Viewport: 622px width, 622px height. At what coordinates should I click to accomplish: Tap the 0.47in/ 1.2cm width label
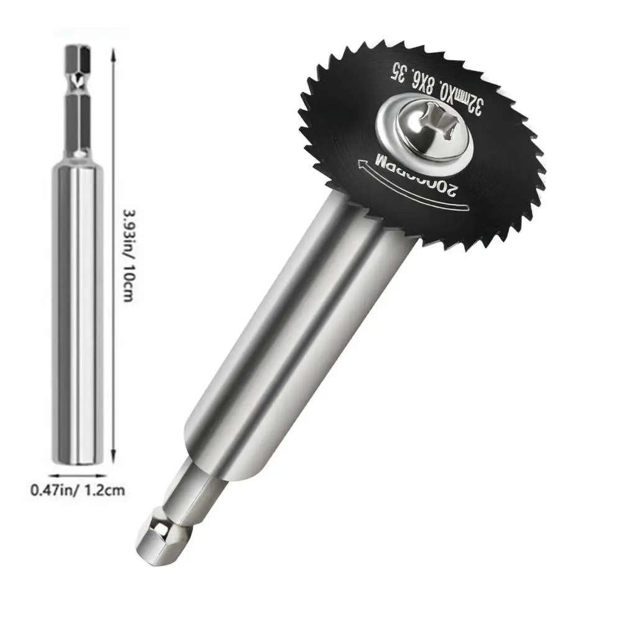click(x=78, y=490)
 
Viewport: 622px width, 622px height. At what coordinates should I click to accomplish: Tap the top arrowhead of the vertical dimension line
click(x=112, y=55)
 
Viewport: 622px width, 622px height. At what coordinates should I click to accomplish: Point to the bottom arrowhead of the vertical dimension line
click(x=112, y=456)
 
